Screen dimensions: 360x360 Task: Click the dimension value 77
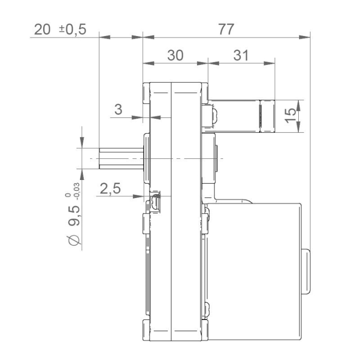226,29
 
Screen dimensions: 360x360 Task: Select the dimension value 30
175,56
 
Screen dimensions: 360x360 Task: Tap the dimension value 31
240,56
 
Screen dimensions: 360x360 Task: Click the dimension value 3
118,109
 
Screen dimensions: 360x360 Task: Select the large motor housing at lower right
255,267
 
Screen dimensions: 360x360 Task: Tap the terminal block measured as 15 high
242,115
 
